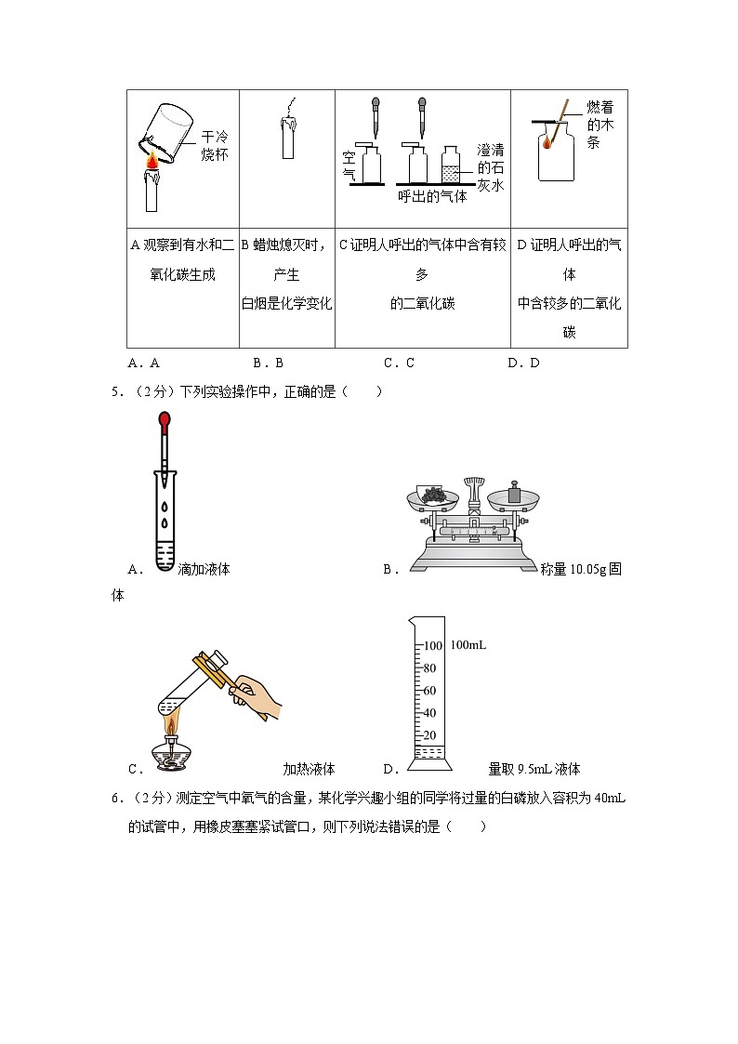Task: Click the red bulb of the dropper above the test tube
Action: pos(165,423)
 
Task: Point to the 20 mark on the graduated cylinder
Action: pos(429,734)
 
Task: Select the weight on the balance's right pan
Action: pos(514,494)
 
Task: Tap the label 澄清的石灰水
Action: pos(489,167)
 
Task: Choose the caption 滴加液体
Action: pos(204,569)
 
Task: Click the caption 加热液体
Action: pos(309,769)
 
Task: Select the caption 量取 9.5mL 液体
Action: pos(534,769)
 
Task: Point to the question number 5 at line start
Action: pos(115,391)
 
